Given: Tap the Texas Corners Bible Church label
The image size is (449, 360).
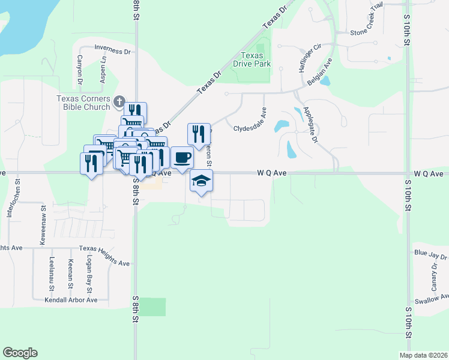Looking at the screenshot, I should (x=83, y=103).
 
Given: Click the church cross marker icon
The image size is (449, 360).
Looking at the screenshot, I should (x=119, y=101).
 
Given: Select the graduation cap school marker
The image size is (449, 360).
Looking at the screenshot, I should (x=201, y=180).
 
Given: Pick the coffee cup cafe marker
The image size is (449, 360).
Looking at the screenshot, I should (x=182, y=157).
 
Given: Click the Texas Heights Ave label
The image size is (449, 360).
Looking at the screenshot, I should (x=104, y=263).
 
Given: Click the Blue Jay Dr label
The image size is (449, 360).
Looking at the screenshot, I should (x=430, y=256).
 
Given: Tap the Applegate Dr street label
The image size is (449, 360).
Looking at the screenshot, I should (x=310, y=125).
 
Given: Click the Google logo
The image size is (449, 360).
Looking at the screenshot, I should (x=20, y=353).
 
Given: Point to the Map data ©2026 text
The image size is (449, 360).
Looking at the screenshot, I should (x=423, y=355).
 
